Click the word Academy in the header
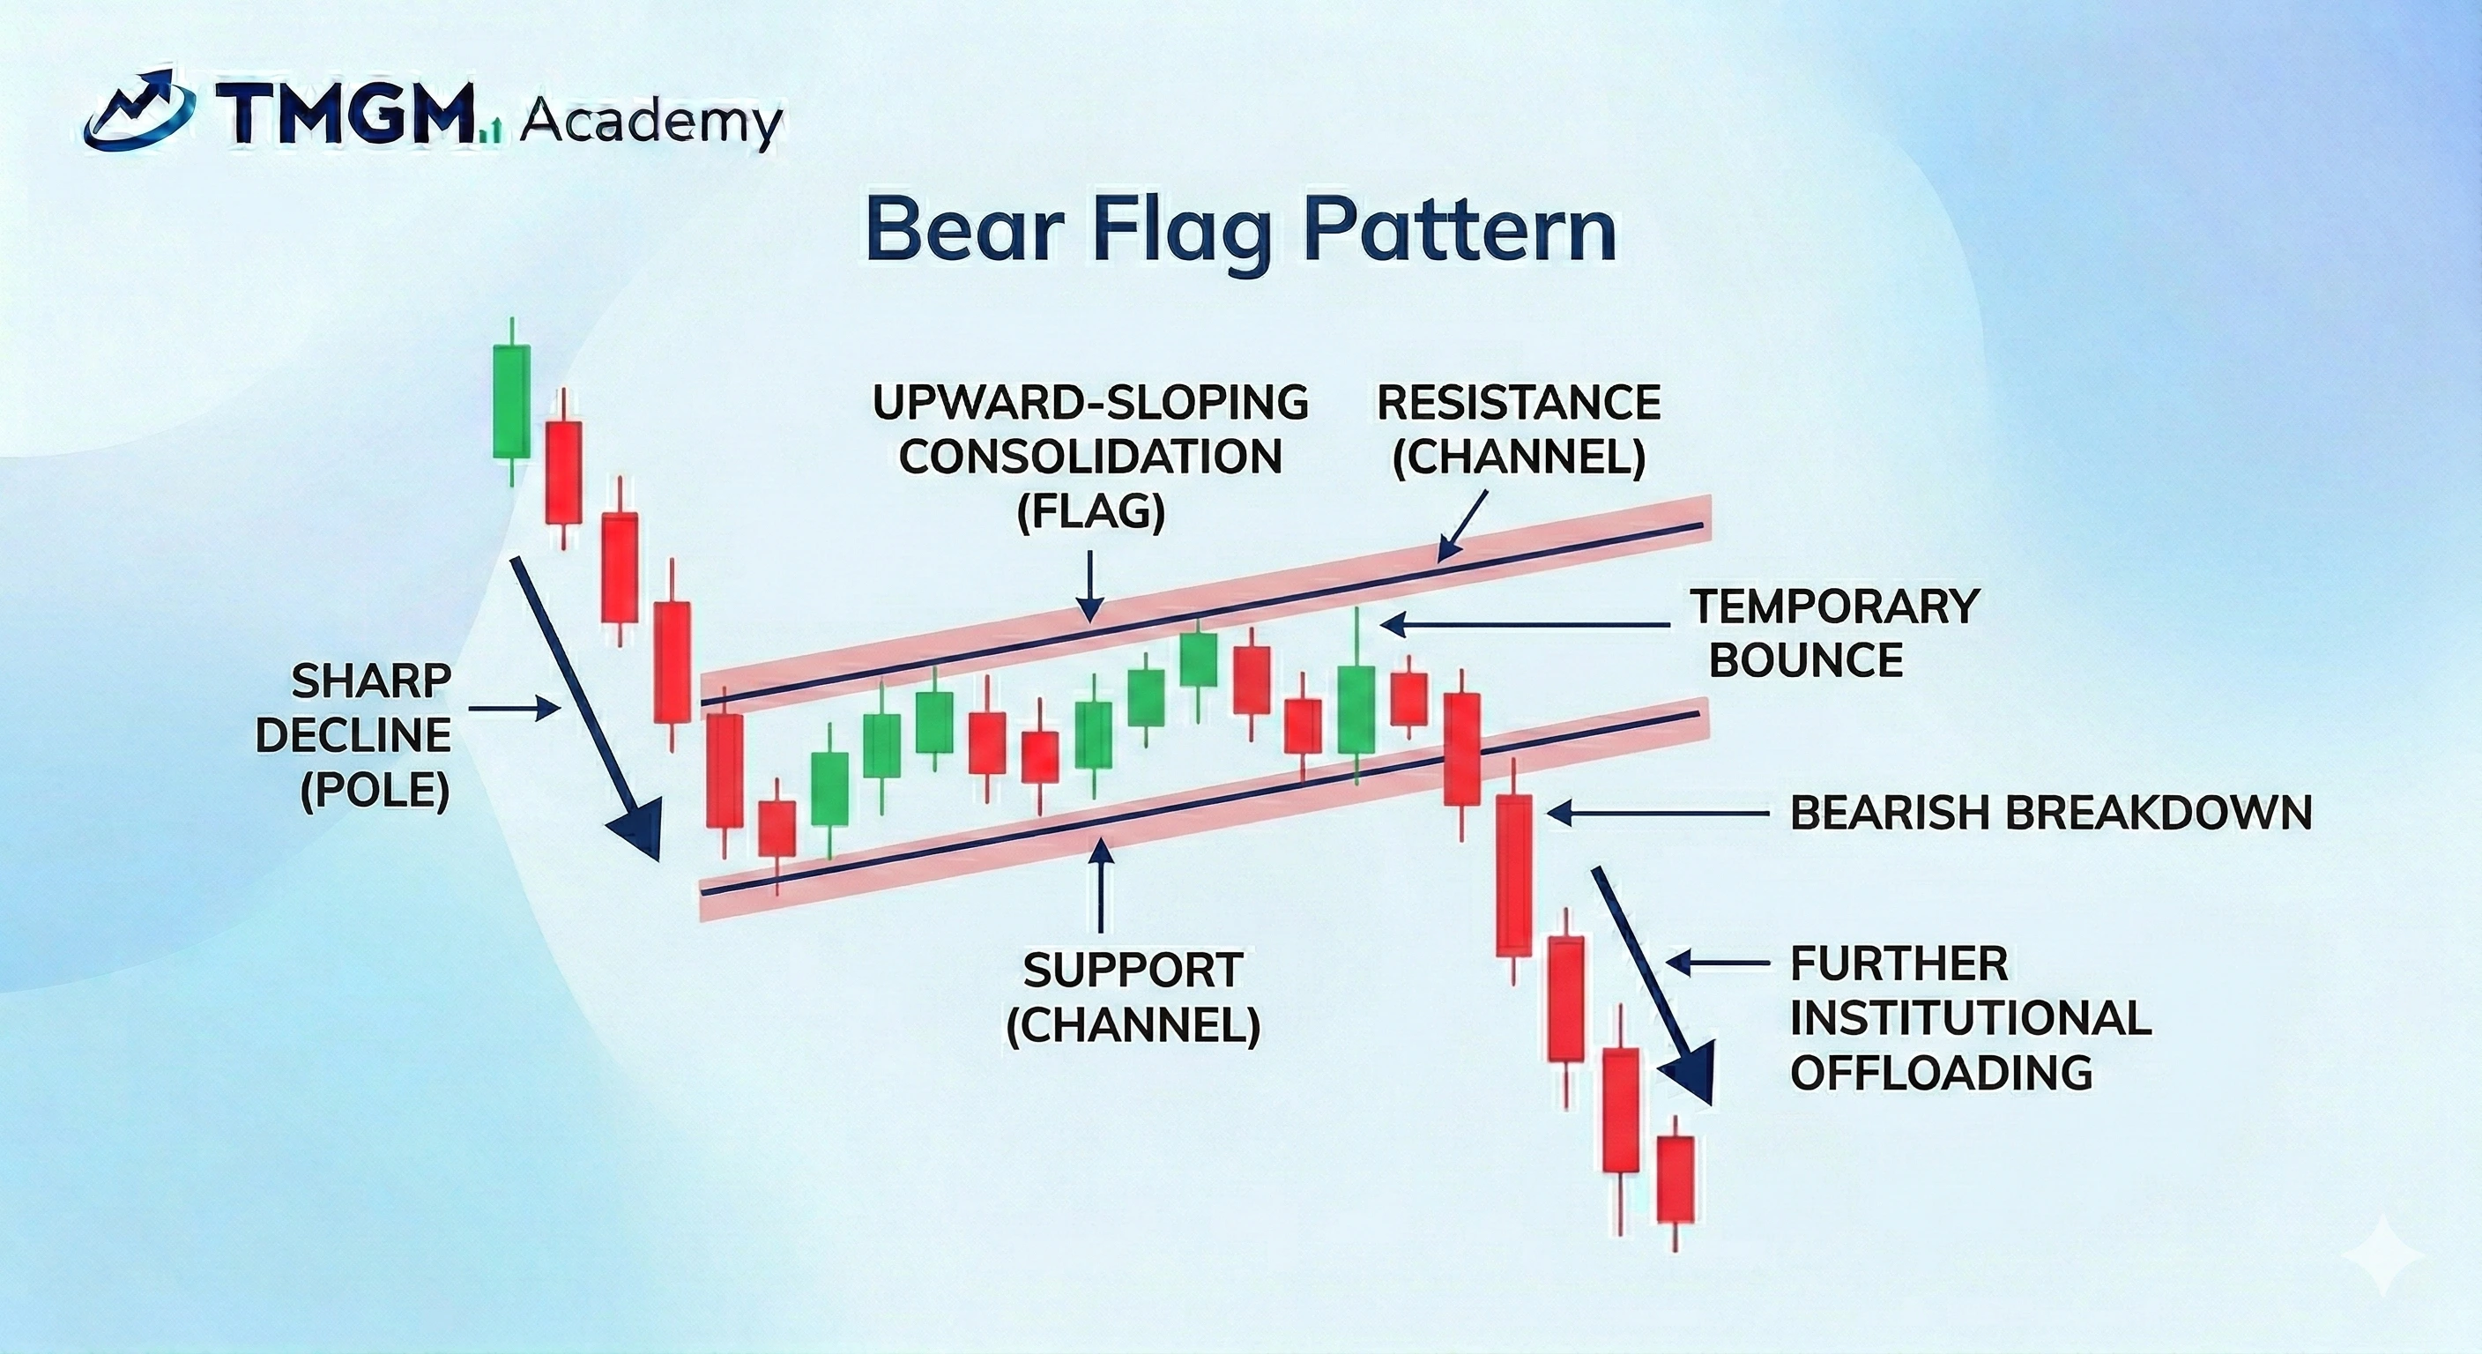[x=650, y=123]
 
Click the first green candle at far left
[x=510, y=401]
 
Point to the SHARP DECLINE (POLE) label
[x=371, y=736]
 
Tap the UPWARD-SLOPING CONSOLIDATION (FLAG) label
[x=1089, y=456]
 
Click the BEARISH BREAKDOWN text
[x=2050, y=814]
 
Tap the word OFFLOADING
[x=1941, y=1072]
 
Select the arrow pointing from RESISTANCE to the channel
[x=1461, y=525]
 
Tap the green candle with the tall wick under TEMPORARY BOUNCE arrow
[x=1356, y=709]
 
